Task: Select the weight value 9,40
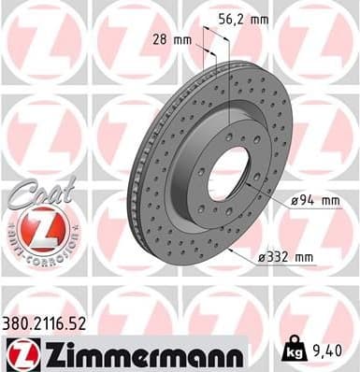pyautogui.click(x=328, y=351)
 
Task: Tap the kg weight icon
pyautogui.click(x=296, y=352)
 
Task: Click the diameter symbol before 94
pyautogui.click(x=290, y=198)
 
